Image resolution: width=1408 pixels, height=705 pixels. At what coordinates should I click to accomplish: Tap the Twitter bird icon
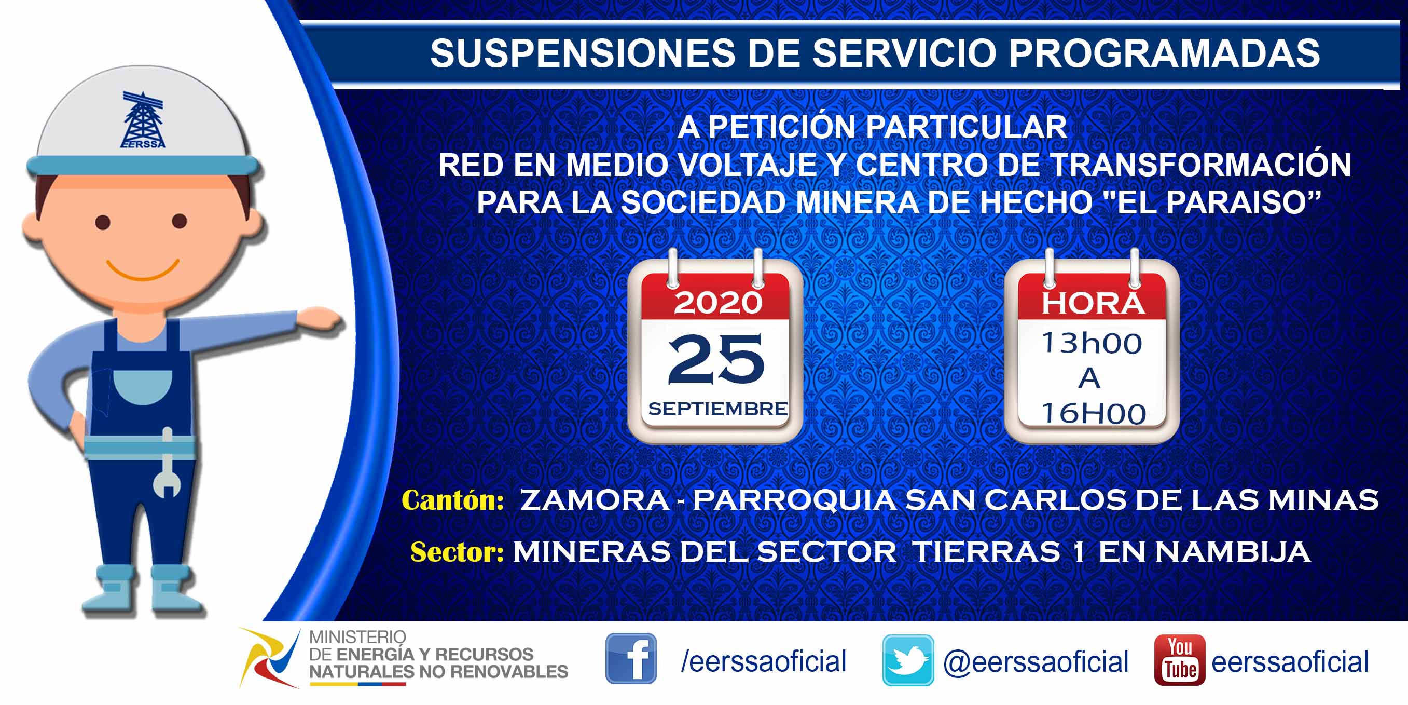(908, 660)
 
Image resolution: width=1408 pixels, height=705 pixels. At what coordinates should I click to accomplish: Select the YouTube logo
(1180, 660)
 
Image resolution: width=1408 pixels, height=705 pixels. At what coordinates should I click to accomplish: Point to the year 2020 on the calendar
(717, 303)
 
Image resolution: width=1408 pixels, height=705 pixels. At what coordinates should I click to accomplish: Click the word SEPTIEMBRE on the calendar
(717, 409)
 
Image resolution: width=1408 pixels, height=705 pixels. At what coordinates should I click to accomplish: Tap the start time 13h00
(1092, 343)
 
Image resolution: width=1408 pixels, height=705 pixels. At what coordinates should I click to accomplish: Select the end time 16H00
(1093, 413)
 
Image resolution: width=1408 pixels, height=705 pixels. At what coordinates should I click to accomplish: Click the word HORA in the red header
(1093, 304)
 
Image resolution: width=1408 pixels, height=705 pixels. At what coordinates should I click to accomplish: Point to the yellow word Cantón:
(452, 500)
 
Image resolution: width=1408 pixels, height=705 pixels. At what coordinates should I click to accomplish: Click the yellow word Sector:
(457, 552)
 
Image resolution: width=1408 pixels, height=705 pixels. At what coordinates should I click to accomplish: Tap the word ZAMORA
(595, 500)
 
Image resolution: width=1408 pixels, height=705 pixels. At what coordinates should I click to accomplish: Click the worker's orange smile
(143, 269)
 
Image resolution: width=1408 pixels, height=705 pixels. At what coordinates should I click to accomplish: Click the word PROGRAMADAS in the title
(1164, 53)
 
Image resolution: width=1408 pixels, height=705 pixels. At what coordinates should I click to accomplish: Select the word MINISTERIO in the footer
(357, 637)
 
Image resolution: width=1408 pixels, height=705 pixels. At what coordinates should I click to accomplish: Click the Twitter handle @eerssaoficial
(1036, 662)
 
